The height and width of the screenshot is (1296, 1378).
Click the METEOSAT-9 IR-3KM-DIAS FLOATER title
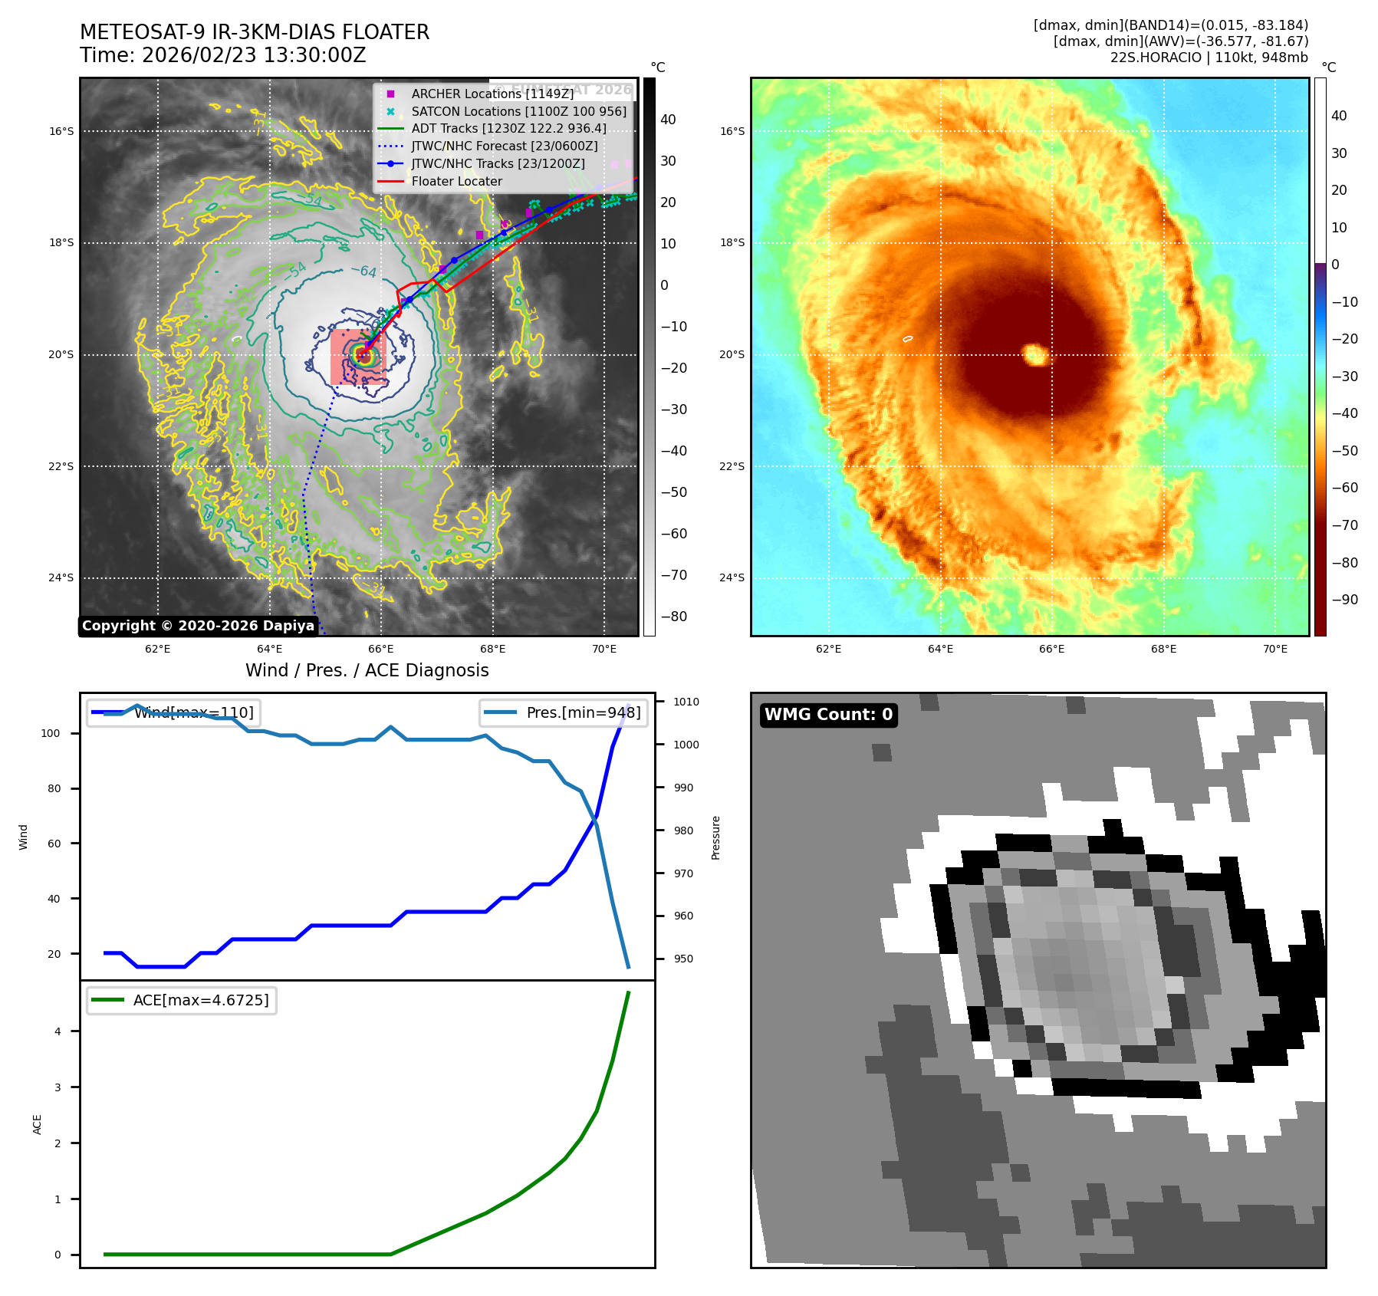[254, 32]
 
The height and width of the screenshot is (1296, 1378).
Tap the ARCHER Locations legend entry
[492, 94]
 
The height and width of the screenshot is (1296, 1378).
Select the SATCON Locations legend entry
[518, 111]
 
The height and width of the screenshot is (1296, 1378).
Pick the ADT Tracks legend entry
[508, 129]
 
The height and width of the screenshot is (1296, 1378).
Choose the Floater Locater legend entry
[456, 182]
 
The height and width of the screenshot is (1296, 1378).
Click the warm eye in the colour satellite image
[1035, 354]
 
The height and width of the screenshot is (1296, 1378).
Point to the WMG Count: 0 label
[828, 715]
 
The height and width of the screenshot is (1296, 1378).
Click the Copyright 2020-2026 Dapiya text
[198, 626]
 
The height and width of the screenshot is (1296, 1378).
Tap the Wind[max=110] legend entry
[193, 712]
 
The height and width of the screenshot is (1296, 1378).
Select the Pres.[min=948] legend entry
[583, 712]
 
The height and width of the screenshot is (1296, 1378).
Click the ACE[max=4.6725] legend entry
[201, 1000]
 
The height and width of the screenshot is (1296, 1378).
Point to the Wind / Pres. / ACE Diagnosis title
[367, 670]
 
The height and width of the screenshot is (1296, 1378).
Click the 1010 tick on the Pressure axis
[686, 702]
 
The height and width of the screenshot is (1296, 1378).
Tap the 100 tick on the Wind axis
[51, 733]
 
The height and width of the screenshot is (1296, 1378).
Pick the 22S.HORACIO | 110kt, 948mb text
[1209, 58]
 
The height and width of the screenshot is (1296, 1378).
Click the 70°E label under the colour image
[1274, 649]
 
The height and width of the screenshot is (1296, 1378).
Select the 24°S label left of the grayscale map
[61, 577]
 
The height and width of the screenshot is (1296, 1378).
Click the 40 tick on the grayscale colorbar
[668, 120]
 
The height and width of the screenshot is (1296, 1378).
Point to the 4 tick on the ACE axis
[58, 1031]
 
